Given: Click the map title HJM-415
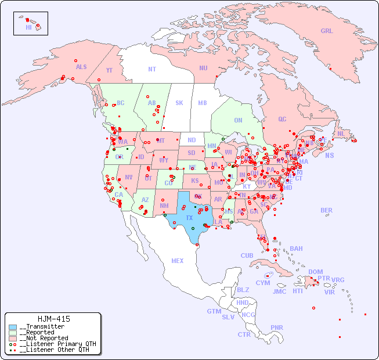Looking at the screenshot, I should pos(53,319).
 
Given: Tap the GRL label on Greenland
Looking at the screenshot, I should pos(327,31).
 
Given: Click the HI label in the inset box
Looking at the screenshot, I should pos(28,27).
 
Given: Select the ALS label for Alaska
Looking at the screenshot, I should pos(81,67).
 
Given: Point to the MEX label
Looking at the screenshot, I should pos(178,261).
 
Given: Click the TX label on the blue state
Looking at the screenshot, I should pos(189,218).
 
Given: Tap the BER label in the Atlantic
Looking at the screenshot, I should pos(326,210).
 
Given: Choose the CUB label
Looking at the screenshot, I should pos(247,255).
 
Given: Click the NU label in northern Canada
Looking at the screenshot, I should pos(203,68).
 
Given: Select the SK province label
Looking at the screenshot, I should pos(179,103).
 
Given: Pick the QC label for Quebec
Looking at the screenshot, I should pos(282,119).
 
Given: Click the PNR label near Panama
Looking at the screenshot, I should pos(277,327).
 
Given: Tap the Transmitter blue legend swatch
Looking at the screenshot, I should pos(13,327).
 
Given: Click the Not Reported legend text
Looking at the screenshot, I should pos(44,338).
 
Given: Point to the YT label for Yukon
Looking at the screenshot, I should pos(109,70).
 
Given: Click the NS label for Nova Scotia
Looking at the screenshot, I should pos(329,156).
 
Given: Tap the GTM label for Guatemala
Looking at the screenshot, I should pos(214,311).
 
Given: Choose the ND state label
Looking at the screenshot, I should pos(192,140).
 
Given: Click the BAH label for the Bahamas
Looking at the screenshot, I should pos(296,249).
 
